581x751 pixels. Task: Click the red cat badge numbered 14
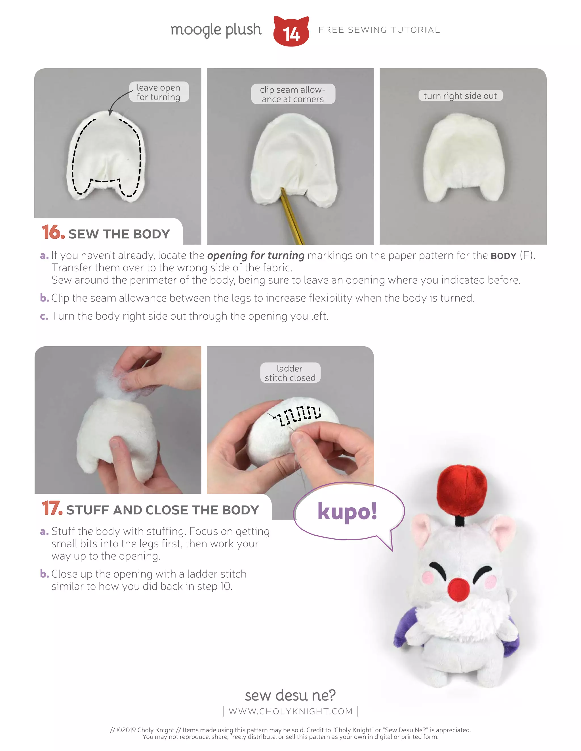coord(291,32)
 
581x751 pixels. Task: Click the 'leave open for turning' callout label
coord(159,92)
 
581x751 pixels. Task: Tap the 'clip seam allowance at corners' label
coord(292,94)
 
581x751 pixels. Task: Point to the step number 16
coord(53,232)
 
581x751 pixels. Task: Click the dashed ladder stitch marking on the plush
coord(300,415)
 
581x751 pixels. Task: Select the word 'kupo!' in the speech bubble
coord(347,511)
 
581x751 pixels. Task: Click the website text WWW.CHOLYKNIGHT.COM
coord(290,711)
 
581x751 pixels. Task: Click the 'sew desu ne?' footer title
coord(290,695)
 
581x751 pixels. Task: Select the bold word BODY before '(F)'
coord(504,256)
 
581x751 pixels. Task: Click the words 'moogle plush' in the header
coord(216,30)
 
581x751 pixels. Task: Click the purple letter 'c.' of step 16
coord(44,316)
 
